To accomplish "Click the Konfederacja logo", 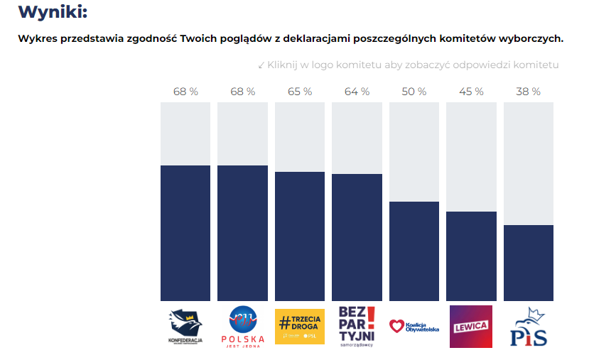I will pos(185,327).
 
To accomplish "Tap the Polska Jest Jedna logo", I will pos(242,327).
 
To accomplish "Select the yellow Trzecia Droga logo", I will pos(300,326).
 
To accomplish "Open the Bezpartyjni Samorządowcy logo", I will pos(357,327).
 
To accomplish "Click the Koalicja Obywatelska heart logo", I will pos(414,327).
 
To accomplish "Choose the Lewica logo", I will pos(471,327).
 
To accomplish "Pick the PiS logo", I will pos(529,327).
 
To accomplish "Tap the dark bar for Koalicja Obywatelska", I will pos(414,251).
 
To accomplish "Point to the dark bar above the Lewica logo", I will pos(471,256).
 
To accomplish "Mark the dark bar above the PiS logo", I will pos(529,263).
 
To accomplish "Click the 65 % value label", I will pos(300,92).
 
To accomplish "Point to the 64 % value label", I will pos(357,92).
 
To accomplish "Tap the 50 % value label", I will pos(414,92).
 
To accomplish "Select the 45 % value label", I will pos(471,92).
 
